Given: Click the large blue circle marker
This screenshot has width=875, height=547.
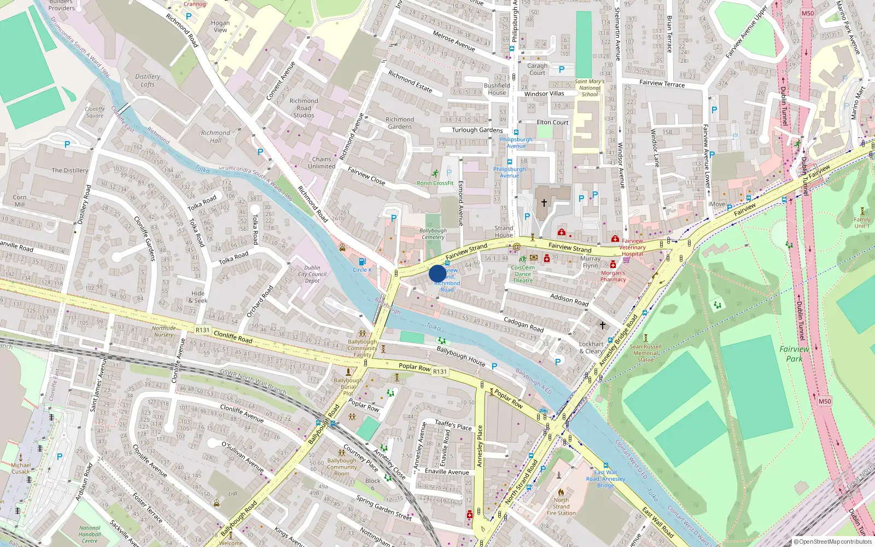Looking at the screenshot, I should [437, 273].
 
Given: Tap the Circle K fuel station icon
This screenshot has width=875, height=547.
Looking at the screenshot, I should [361, 262].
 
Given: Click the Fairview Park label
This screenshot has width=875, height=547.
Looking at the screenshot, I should [794, 353].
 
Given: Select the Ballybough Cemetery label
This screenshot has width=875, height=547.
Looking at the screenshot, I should [433, 234].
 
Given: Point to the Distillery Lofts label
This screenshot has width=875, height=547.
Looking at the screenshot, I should [148, 80].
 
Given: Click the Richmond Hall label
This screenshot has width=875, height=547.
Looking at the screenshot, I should [215, 136].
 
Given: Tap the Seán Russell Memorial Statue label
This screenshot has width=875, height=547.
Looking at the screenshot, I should [645, 353].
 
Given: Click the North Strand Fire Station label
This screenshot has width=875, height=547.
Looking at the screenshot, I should [561, 507].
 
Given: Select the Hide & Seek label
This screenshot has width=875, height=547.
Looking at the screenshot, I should [198, 297].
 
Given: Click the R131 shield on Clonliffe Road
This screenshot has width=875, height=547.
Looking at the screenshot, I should [202, 330].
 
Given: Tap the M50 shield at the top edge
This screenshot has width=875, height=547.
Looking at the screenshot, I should [808, 13].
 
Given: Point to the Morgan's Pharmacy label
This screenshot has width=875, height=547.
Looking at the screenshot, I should [613, 276].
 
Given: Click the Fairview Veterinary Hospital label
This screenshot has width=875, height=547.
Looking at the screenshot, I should [632, 247].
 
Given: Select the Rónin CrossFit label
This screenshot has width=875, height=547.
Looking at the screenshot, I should [435, 183].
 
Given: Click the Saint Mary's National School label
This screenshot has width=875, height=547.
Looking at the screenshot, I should [590, 88].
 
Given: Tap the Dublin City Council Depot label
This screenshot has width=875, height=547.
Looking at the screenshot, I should [312, 274].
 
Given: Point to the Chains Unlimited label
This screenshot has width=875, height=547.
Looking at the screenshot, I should [322, 162].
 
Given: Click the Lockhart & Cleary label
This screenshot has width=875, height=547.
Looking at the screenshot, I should [591, 348].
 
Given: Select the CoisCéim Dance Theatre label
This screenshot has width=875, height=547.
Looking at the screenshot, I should [523, 274].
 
